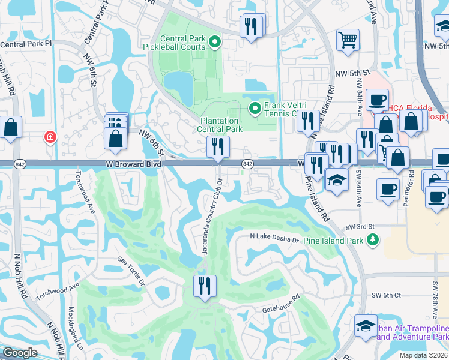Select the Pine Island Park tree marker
(x=373, y=240)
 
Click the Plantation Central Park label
(x=221, y=125)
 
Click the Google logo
(x=19, y=352)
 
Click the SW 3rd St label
(x=360, y=227)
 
